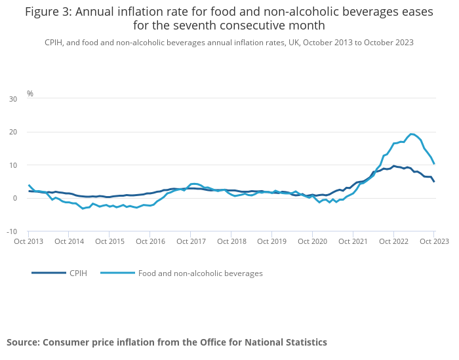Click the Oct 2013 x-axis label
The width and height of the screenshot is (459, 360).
28,241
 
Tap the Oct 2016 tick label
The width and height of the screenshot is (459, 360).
150,241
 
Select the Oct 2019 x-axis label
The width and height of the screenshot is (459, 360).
272,241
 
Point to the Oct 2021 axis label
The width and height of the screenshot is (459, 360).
353,241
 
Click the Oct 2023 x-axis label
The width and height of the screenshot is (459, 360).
434,241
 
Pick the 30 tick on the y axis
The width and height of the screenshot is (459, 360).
13,99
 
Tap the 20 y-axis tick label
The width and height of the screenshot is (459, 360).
13,132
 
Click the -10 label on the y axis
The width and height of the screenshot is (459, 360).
12,231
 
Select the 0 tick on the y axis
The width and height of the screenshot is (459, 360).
15,198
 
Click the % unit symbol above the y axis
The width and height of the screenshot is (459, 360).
30,94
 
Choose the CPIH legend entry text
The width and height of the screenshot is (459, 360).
78,273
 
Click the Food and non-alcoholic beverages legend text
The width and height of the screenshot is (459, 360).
200,273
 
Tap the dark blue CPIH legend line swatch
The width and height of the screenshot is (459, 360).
49,273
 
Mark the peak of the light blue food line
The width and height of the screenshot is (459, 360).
411,134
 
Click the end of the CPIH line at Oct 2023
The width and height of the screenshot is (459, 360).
434,181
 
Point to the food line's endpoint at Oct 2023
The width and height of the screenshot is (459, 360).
434,163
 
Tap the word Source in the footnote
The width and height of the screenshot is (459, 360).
23,342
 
